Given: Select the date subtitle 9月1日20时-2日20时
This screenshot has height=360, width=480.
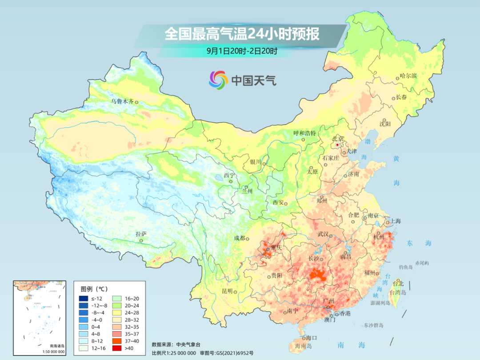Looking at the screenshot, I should click(242, 51).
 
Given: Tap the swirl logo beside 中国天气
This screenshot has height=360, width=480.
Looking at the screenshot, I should click(218, 80).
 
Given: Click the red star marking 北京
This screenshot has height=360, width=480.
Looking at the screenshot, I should click(338, 145).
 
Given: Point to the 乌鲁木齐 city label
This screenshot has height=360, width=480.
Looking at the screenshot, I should click(122, 101).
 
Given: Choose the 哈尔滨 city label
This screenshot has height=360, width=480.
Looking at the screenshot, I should click(408, 76).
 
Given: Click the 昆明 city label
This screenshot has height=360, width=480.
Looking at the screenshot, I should click(227, 291).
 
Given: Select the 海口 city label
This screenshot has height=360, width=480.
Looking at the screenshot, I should click(312, 338).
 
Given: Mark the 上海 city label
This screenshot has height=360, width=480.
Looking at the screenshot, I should click(395, 221).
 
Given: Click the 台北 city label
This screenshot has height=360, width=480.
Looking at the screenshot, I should click(398, 283).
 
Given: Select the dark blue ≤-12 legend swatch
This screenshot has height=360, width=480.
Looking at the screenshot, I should click(83, 298).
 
